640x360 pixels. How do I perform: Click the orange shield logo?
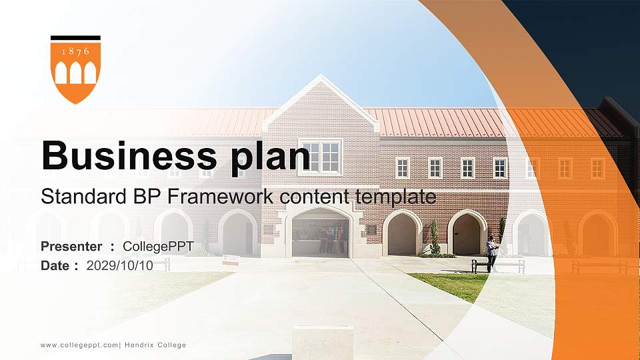[75, 72]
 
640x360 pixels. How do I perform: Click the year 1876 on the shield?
[75, 51]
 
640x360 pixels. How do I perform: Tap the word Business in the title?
[129, 155]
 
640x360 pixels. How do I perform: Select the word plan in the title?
[270, 157]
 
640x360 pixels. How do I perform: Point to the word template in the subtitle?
[395, 197]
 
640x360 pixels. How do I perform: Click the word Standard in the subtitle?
[84, 196]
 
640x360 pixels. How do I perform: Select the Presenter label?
[71, 246]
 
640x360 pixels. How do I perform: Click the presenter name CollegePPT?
[158, 247]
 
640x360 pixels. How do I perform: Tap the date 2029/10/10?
[119, 266]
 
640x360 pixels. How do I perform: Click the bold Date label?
[55, 266]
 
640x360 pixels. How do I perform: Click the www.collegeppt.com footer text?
[79, 345]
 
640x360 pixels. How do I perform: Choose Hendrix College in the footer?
[155, 345]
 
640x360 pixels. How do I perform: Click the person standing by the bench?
[492, 253]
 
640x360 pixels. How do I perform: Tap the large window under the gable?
[321, 157]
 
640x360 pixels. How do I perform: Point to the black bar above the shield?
[75, 38]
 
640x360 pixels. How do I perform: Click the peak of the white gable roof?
[321, 75]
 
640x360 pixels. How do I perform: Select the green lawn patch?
[449, 286]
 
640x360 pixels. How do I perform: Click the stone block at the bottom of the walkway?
[323, 342]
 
